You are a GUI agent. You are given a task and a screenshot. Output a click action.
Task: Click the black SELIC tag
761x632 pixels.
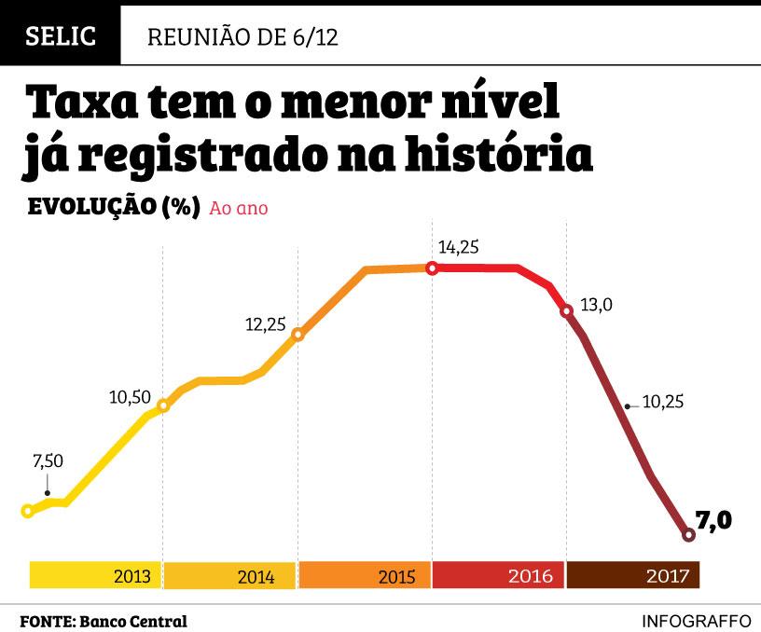(x=61, y=36)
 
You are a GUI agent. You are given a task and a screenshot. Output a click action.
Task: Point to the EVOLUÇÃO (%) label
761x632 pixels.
(x=115, y=207)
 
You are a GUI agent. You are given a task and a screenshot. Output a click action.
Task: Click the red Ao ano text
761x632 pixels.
(x=240, y=208)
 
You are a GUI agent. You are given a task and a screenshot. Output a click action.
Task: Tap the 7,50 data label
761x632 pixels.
(x=48, y=461)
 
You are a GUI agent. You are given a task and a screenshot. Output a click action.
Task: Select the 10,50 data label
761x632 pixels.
(x=130, y=397)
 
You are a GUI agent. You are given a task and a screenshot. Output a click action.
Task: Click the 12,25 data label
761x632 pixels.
(x=265, y=324)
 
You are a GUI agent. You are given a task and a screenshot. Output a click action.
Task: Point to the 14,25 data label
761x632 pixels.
(x=459, y=247)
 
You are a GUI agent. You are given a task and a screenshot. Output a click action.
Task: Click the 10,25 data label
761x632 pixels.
(x=664, y=402)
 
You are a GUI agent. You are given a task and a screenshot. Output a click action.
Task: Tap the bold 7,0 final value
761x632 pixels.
(x=713, y=520)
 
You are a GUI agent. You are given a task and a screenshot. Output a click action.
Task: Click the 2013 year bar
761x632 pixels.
(x=96, y=575)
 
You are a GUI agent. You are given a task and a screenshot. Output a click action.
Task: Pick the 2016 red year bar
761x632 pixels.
(x=499, y=575)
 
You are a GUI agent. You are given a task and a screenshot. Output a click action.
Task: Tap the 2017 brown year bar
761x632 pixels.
(x=633, y=575)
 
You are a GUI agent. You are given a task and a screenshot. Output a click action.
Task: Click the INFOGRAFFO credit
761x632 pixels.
(x=696, y=621)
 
